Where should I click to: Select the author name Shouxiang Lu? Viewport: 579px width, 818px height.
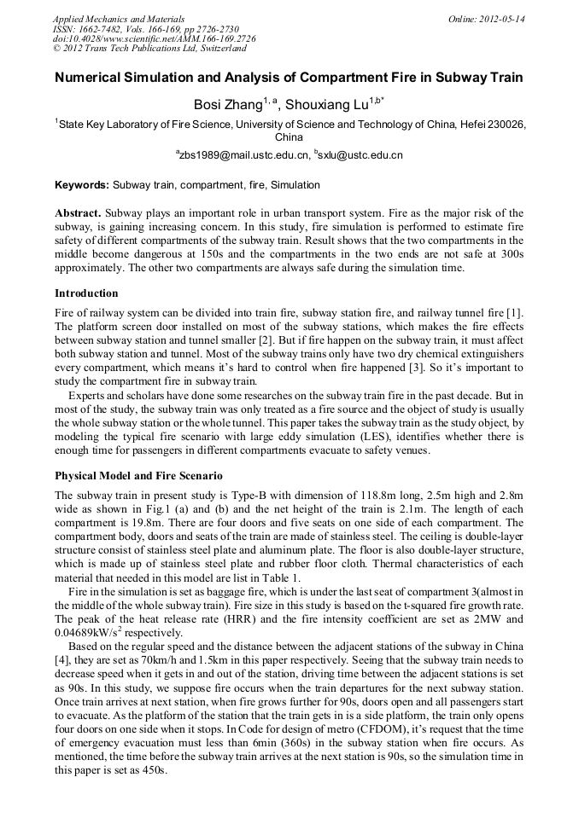point(325,106)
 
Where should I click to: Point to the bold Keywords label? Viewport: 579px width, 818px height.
point(82,185)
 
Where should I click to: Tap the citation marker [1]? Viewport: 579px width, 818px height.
point(515,314)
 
